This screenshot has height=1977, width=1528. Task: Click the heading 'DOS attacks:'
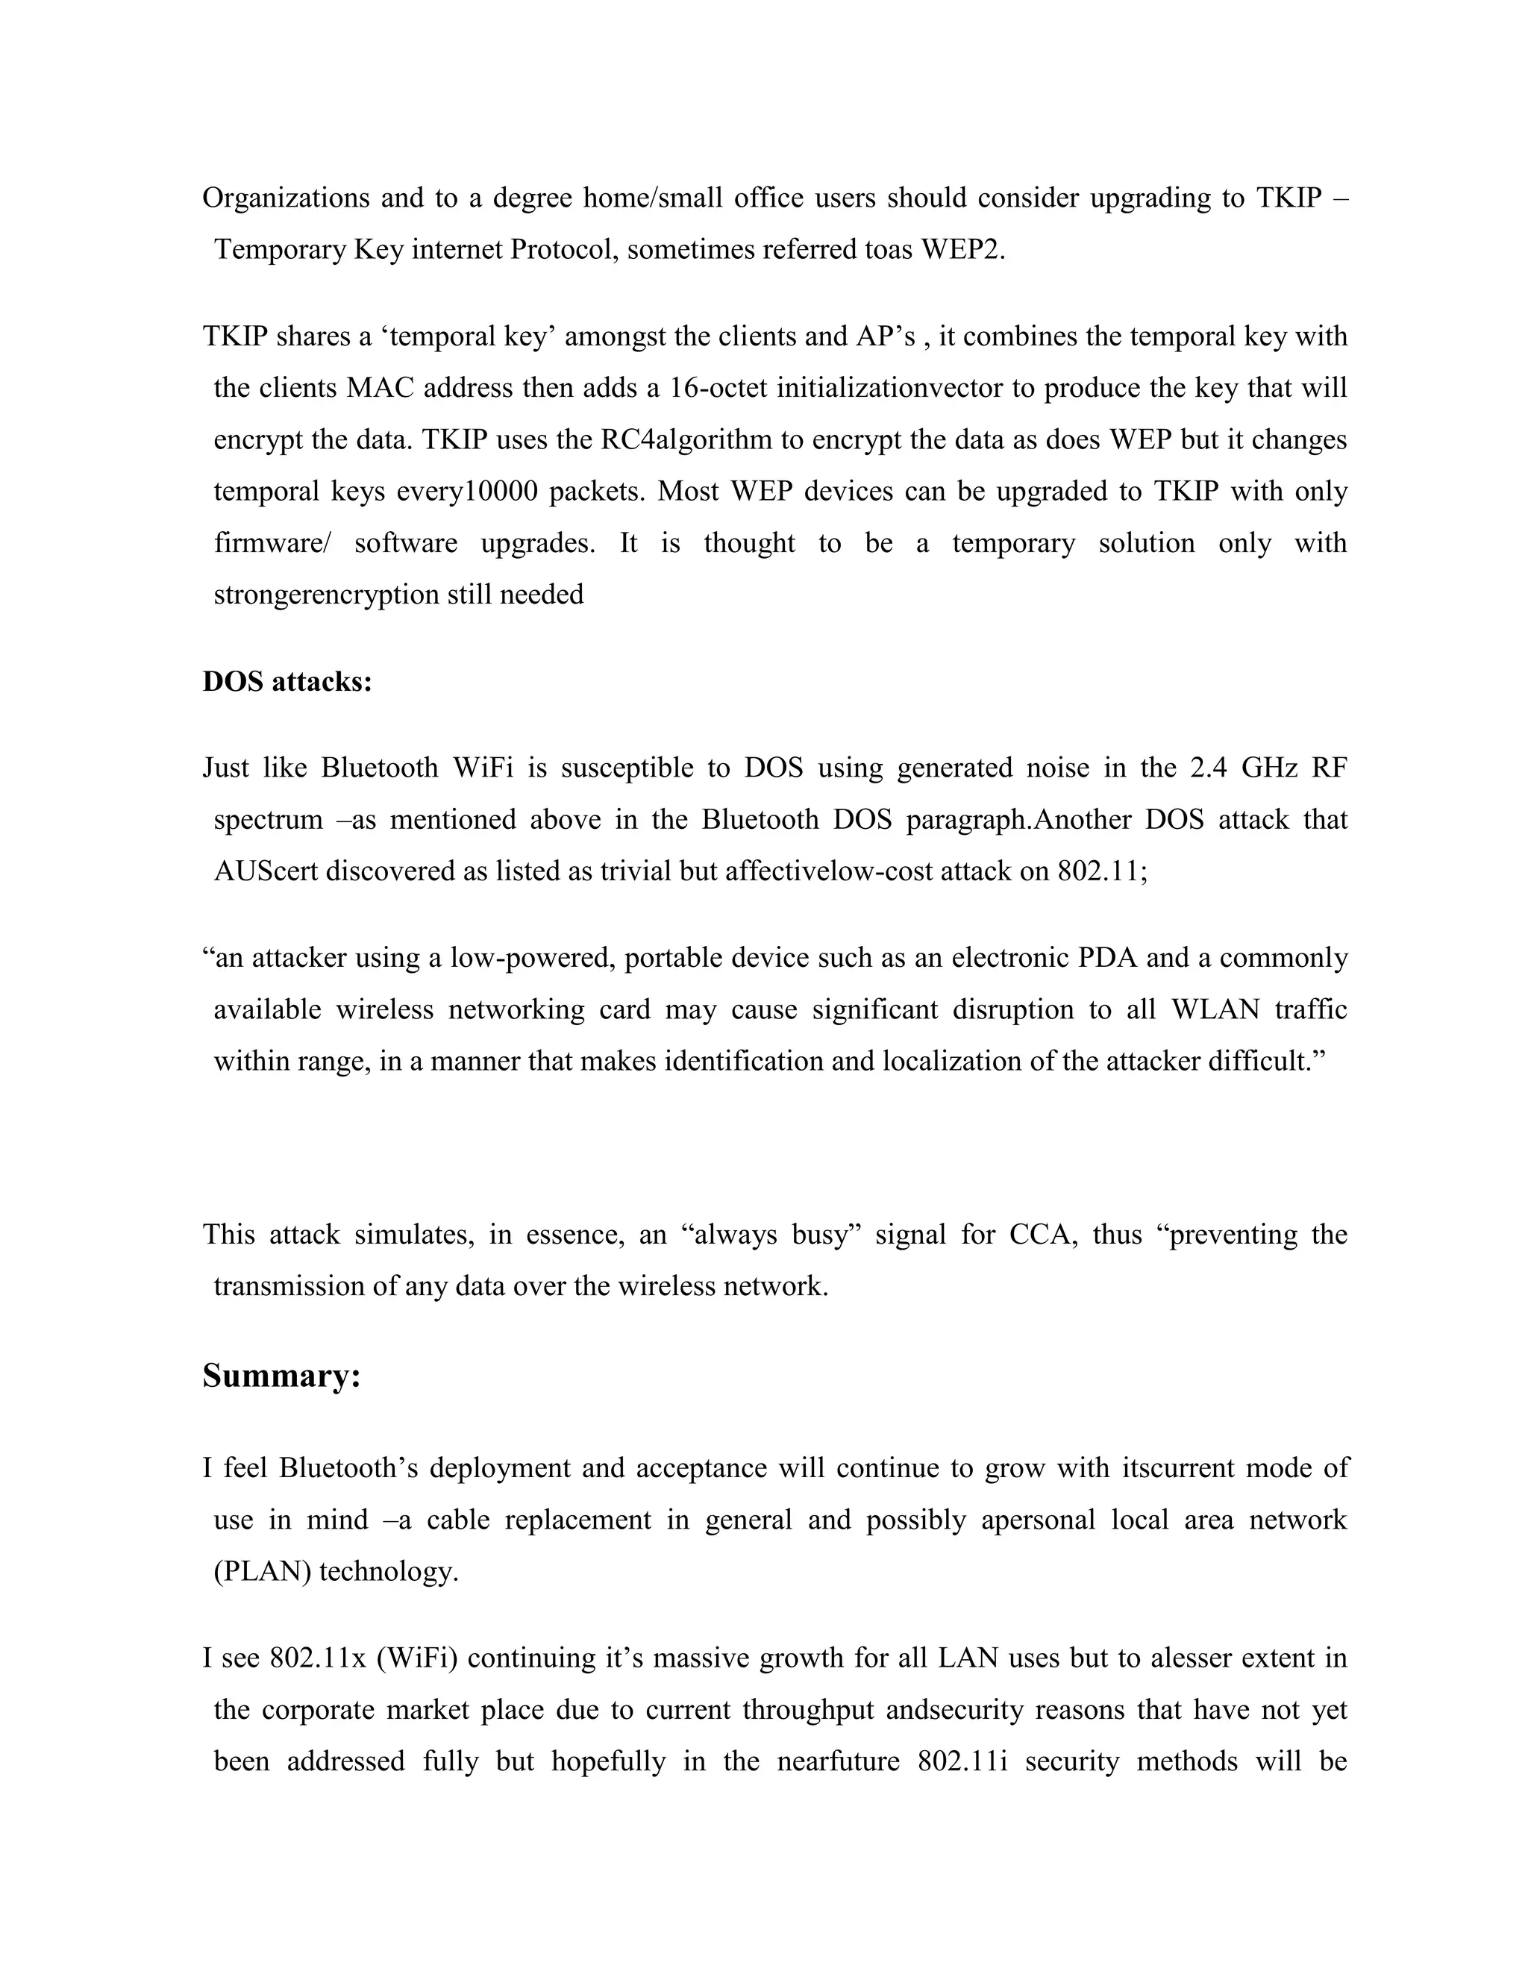pos(287,682)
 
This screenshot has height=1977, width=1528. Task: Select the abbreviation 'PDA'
pos(1106,958)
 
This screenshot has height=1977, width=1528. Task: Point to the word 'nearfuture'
pos(838,1761)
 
